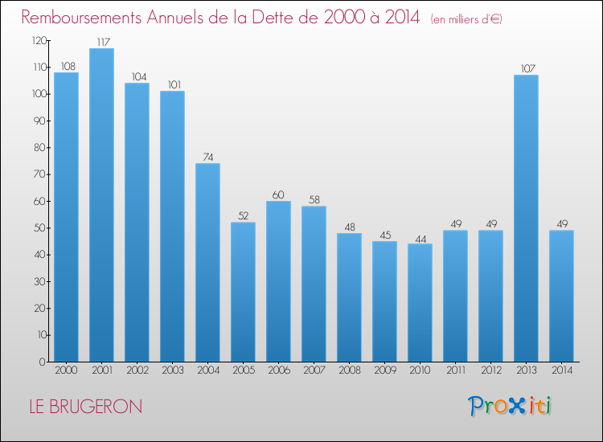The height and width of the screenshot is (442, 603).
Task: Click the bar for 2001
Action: point(101,205)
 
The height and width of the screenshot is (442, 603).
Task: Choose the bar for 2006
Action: point(278,281)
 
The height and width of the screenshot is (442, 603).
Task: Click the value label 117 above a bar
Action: point(101,41)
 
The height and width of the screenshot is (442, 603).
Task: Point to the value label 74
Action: point(207,157)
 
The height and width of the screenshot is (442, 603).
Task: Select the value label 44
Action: point(420,237)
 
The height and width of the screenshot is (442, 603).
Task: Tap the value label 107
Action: point(526,68)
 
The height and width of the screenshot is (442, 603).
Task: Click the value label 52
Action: point(243,215)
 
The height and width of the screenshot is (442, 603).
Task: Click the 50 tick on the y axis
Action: point(39,228)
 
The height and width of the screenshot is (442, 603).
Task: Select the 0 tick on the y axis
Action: point(41,362)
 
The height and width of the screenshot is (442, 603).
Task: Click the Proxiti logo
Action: point(510,406)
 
